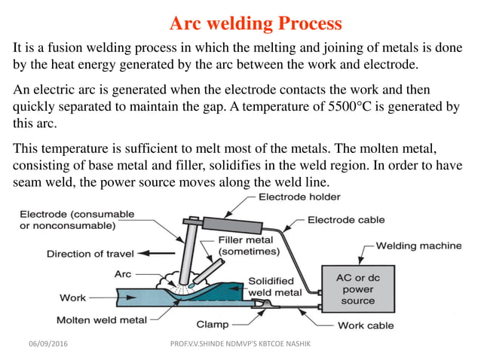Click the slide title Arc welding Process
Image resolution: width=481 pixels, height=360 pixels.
click(x=256, y=23)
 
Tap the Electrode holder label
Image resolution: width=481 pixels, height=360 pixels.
click(x=299, y=198)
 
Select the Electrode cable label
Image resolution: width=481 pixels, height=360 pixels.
click(x=346, y=220)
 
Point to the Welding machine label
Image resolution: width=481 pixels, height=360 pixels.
click(x=419, y=246)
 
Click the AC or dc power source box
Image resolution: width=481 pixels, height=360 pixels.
click(x=357, y=288)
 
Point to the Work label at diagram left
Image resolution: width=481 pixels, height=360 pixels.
click(x=72, y=298)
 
